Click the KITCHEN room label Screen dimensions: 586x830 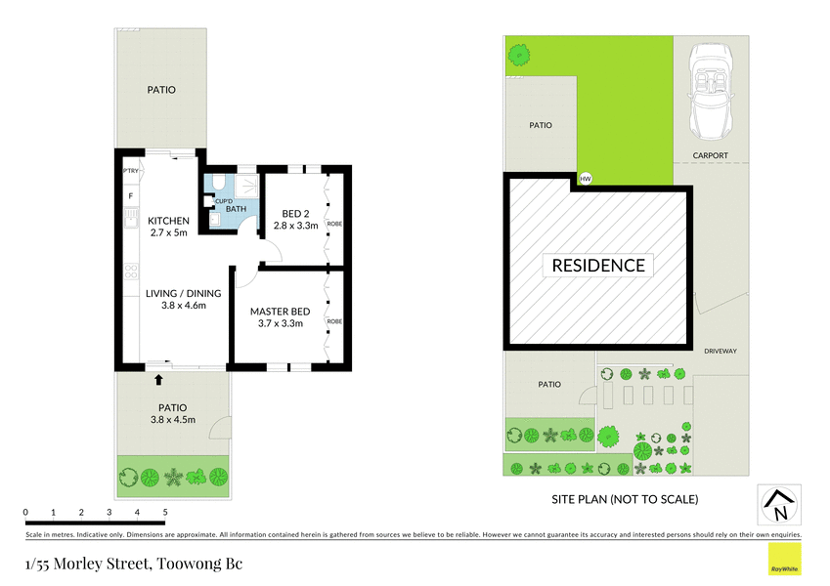pos(168,221)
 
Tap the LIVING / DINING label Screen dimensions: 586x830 pos(183,293)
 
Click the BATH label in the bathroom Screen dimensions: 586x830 pos(236,209)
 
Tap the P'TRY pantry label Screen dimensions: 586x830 pos(130,172)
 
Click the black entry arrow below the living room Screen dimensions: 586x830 pos(159,378)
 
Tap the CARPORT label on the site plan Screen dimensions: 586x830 pos(711,155)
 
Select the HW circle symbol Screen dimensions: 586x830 pos(586,179)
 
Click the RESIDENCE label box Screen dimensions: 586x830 pos(598,265)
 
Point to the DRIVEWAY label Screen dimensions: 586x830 pos(720,351)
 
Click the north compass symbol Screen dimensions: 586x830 pos(778,505)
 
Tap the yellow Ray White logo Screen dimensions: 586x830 pos(783,560)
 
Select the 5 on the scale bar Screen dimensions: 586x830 pos(165,512)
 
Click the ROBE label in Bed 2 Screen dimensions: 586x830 pos(334,224)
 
